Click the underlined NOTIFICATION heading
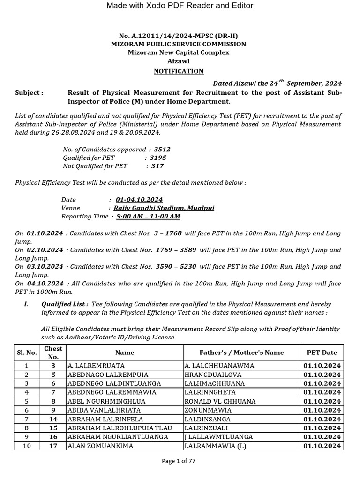coord(180,71)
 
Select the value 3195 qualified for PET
coord(158,158)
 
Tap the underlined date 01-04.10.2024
coord(136,200)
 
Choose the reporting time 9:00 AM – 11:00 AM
coord(148,216)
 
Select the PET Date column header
coord(322,352)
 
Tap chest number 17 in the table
coord(53,446)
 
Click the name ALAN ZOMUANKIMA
coord(100,446)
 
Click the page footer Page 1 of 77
coord(179,461)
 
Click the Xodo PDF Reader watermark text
coord(180,6)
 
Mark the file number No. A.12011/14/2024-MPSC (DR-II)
coord(180,36)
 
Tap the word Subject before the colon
coord(27,93)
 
